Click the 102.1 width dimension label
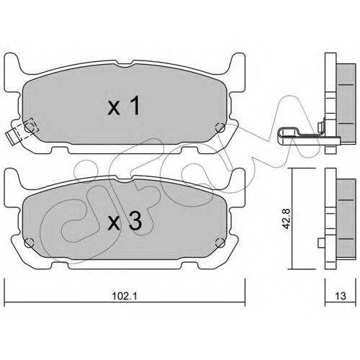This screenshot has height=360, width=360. (125, 296)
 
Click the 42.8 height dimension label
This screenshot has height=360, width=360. (287, 219)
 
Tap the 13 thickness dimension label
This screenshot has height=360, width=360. (341, 296)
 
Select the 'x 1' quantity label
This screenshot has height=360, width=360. (124, 105)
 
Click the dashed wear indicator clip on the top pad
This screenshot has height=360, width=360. (22, 131)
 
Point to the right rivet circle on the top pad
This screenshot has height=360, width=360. (220, 128)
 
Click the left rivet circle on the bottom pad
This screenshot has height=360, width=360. (29, 243)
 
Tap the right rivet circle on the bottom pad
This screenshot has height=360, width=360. (220, 243)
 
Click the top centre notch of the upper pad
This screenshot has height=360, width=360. (125, 63)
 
